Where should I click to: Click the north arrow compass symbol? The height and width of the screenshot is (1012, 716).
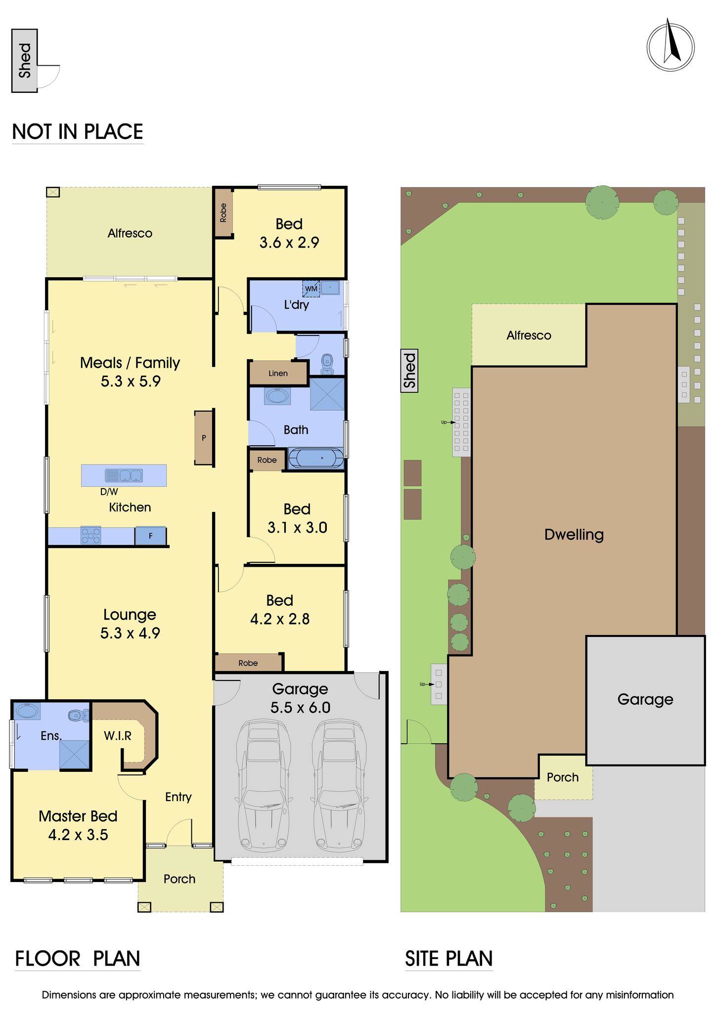(x=671, y=45)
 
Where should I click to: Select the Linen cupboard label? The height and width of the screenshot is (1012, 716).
(x=278, y=373)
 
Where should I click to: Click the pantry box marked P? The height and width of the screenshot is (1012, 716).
(x=204, y=437)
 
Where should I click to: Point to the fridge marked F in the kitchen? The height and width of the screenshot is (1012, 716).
(x=150, y=536)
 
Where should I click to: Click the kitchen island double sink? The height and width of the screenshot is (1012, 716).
(x=124, y=475)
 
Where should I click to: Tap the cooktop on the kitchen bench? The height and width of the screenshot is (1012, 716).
(x=90, y=536)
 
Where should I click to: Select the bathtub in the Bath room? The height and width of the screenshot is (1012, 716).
(x=316, y=458)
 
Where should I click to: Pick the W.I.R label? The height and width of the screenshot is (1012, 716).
(x=118, y=736)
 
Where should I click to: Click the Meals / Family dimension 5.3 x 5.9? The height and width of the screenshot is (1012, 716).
(x=131, y=381)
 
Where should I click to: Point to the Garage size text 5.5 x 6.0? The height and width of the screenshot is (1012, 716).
(x=300, y=708)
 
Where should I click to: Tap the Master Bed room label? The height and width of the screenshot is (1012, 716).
(x=78, y=816)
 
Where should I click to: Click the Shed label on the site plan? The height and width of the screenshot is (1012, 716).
(x=410, y=371)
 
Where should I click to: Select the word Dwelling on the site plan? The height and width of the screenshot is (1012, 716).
(x=574, y=535)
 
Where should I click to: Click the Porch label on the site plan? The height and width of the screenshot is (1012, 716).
(x=563, y=777)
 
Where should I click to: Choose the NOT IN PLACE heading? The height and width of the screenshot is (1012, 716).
(x=78, y=131)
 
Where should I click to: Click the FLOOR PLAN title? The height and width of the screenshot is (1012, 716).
(x=78, y=958)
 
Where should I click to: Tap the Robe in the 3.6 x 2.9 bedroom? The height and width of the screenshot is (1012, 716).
(x=224, y=213)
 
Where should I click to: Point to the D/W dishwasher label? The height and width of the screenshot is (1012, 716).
(x=109, y=492)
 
